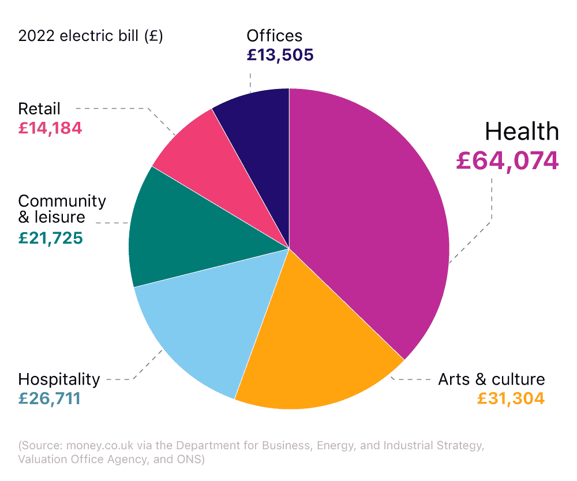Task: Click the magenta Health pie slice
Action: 369,219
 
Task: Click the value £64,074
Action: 507,161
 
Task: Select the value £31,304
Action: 511,398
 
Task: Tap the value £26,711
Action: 49,398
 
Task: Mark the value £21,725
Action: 51,237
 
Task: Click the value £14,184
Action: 50,128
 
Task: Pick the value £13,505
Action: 280,55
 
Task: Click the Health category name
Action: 522,132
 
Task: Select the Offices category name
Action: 274,36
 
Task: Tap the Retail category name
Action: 39,109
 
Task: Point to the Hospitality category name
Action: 59,379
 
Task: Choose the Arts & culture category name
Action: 491,379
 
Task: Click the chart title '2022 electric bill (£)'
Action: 91,36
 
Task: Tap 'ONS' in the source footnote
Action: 185,460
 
